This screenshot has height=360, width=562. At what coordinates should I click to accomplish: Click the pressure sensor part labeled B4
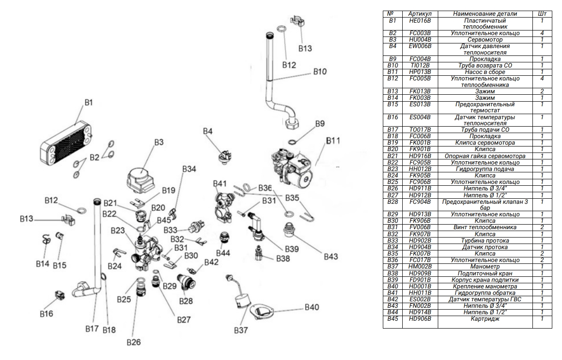[x=224, y=156]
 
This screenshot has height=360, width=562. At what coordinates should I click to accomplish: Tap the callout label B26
[x=135, y=342]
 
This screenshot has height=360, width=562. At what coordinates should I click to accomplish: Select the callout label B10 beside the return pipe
[x=320, y=72]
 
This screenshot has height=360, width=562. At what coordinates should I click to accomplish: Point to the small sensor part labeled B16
[x=59, y=294]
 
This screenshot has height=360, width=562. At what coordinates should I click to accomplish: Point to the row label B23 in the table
[x=392, y=169]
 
